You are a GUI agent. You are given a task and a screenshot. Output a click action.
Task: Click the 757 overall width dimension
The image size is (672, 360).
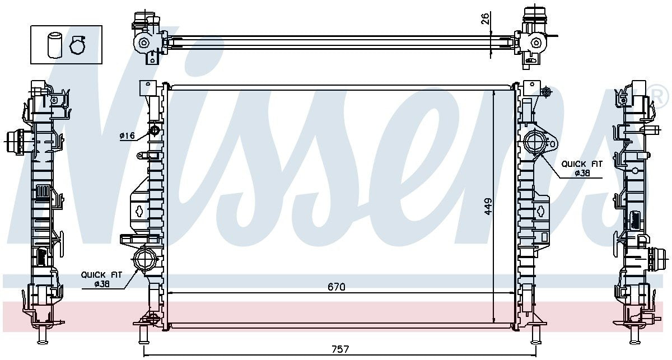point(339,349)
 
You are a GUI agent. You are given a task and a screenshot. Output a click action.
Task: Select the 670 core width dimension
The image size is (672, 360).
point(336,287)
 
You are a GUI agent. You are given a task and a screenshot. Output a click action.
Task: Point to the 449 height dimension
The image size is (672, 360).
point(488,206)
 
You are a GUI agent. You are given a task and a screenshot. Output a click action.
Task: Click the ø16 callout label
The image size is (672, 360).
point(127,135)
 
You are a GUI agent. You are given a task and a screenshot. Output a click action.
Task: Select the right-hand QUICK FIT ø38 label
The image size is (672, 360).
point(582,169)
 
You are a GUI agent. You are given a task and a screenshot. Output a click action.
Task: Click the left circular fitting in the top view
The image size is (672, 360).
point(144,43)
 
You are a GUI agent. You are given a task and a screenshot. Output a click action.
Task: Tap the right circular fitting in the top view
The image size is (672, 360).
point(536,43)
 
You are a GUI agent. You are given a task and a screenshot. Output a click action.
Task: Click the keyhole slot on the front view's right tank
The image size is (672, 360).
point(542,211)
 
